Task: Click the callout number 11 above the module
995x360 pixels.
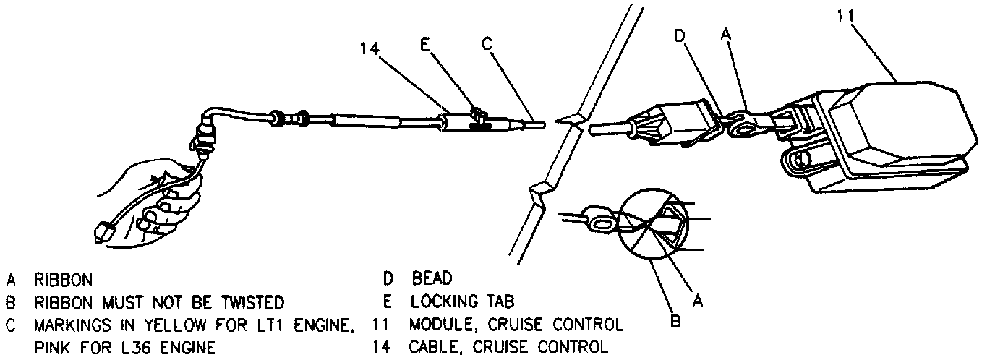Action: click(846, 16)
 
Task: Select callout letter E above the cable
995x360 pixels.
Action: click(425, 45)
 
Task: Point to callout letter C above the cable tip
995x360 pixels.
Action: click(487, 44)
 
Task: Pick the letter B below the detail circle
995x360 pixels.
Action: click(675, 320)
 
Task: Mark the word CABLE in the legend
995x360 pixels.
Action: click(433, 348)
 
